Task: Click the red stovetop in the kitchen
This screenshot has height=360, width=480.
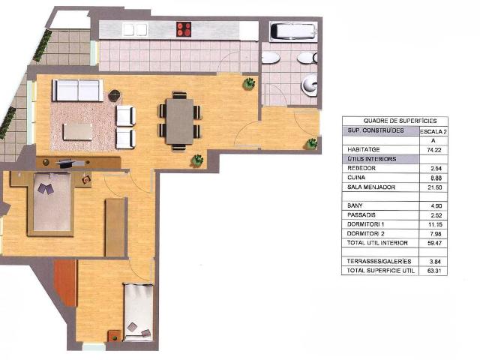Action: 184,29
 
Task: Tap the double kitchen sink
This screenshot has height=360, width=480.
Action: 135,29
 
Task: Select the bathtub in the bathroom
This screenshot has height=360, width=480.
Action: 293,31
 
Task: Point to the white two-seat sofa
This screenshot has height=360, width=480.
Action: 77,91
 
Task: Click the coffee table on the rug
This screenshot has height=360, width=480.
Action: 79,130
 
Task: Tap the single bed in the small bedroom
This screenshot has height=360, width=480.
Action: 139,312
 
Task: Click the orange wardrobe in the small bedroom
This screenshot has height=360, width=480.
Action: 66,283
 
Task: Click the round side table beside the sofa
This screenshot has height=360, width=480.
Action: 114,95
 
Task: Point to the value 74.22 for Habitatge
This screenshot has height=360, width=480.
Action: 430,150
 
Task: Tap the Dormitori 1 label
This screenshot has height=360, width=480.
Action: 367,223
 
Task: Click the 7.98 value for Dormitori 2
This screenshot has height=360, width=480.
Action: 430,233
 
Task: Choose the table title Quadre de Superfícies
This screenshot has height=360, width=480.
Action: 394,121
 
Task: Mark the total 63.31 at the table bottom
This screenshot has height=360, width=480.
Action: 430,270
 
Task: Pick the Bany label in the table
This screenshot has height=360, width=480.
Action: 355,205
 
